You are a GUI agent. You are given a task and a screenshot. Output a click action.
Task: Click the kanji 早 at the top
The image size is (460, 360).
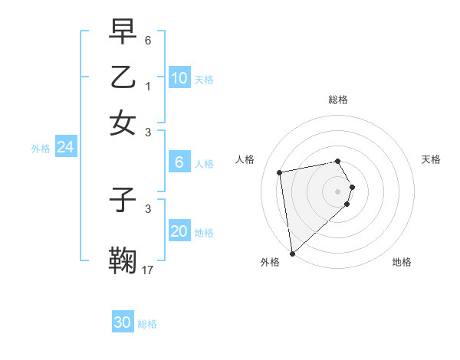pyautogui.click(x=123, y=32)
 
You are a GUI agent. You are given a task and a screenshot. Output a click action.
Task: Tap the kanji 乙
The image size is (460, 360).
pyautogui.click(x=123, y=77)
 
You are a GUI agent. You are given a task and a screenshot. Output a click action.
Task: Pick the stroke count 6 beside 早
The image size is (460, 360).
pyautogui.click(x=148, y=40)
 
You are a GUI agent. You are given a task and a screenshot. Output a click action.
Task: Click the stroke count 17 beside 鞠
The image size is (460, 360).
pyautogui.click(x=148, y=269)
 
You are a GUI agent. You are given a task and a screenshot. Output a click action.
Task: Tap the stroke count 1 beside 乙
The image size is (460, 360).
pyautogui.click(x=148, y=86)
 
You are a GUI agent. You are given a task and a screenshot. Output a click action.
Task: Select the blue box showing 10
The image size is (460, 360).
pyautogui.click(x=179, y=78)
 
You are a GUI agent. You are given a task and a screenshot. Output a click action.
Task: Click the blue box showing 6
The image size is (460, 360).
pyautogui.click(x=179, y=162)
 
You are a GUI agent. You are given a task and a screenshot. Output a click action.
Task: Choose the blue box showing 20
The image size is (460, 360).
pyautogui.click(x=179, y=231)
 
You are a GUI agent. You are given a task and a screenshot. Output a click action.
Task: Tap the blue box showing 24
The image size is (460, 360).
pyautogui.click(x=65, y=147)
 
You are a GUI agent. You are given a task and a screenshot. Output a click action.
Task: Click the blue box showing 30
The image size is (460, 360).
pyautogui.click(x=123, y=322)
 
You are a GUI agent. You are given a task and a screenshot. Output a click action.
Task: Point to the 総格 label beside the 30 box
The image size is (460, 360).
pyautogui.click(x=147, y=324)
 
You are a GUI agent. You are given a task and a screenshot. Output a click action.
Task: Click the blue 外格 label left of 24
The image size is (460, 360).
pyautogui.click(x=40, y=149)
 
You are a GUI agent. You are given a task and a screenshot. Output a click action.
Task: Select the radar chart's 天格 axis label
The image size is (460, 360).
pyautogui.click(x=431, y=159)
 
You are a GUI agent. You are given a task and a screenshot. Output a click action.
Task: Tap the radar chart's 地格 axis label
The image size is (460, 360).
pyautogui.click(x=402, y=262)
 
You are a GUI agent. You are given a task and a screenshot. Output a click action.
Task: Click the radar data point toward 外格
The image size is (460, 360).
pyautogui.click(x=292, y=253)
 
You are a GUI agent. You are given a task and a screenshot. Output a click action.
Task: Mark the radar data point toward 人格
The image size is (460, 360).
pyautogui.click(x=280, y=172)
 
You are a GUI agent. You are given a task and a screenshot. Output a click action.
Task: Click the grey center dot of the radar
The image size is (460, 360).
pyautogui.click(x=337, y=191)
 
